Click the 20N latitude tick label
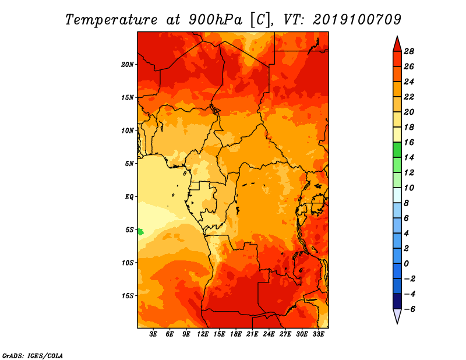coord(127,64)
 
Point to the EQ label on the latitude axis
coord(129,196)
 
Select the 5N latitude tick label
coord(129,164)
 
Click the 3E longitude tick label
coord(153,334)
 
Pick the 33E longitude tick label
coord(318,334)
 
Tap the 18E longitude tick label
coord(236,334)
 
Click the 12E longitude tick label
coord(203,334)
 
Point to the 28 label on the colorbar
coord(409,51)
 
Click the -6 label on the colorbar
coord(409,309)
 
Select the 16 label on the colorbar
coord(409,142)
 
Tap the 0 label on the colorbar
coord(406,264)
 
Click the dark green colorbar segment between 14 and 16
coord(397,150)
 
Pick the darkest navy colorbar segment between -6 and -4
coord(397,301)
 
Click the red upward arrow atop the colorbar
coord(397,45)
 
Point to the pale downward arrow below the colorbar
coord(397,316)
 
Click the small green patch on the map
coord(140,232)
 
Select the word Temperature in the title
coord(111,20)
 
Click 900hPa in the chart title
coord(215,20)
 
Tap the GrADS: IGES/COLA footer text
coord(33,355)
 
